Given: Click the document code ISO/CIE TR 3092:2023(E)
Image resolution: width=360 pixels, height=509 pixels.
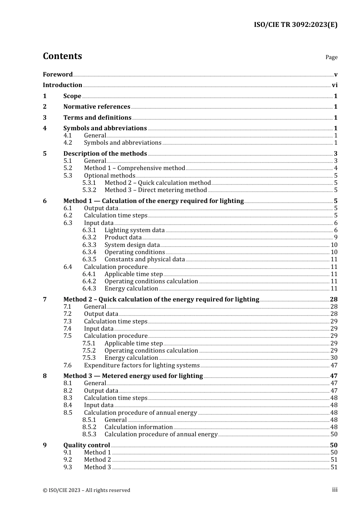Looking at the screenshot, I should (295, 25).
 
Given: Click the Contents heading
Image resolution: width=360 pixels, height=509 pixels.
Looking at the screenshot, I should (62, 56).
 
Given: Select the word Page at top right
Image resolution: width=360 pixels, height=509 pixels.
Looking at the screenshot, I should (331, 57).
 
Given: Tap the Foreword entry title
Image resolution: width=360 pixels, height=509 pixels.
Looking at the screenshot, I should (58, 74).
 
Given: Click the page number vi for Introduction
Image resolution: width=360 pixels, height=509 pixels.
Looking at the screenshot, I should (335, 85).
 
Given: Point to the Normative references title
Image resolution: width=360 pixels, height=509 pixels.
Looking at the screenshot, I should (97, 107).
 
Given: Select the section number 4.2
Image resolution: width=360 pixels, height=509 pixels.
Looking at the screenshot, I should (67, 143).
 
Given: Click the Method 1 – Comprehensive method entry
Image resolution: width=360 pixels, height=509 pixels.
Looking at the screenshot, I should (135, 168).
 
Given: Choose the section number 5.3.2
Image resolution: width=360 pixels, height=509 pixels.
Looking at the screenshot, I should (89, 190).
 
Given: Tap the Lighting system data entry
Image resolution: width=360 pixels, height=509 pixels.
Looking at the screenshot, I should (135, 230).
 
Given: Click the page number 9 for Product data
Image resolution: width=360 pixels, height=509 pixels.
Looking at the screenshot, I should (335, 237).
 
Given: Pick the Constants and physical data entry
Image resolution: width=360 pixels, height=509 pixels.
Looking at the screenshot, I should (145, 259).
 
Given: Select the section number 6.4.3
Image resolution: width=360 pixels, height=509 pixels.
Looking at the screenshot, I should (89, 289).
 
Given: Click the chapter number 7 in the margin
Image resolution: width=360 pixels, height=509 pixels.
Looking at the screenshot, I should (45, 300).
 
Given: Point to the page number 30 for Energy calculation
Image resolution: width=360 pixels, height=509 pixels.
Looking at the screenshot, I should (334, 358).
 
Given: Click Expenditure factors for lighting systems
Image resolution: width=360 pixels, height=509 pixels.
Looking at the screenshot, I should (142, 365).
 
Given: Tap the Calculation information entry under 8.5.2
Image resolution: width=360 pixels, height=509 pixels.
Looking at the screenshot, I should (139, 427).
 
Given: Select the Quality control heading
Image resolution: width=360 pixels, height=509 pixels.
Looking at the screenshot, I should (86, 445).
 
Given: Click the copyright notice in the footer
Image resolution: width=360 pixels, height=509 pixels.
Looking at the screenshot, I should (86, 490).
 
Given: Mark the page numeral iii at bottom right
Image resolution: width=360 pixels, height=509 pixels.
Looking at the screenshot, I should (335, 490).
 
